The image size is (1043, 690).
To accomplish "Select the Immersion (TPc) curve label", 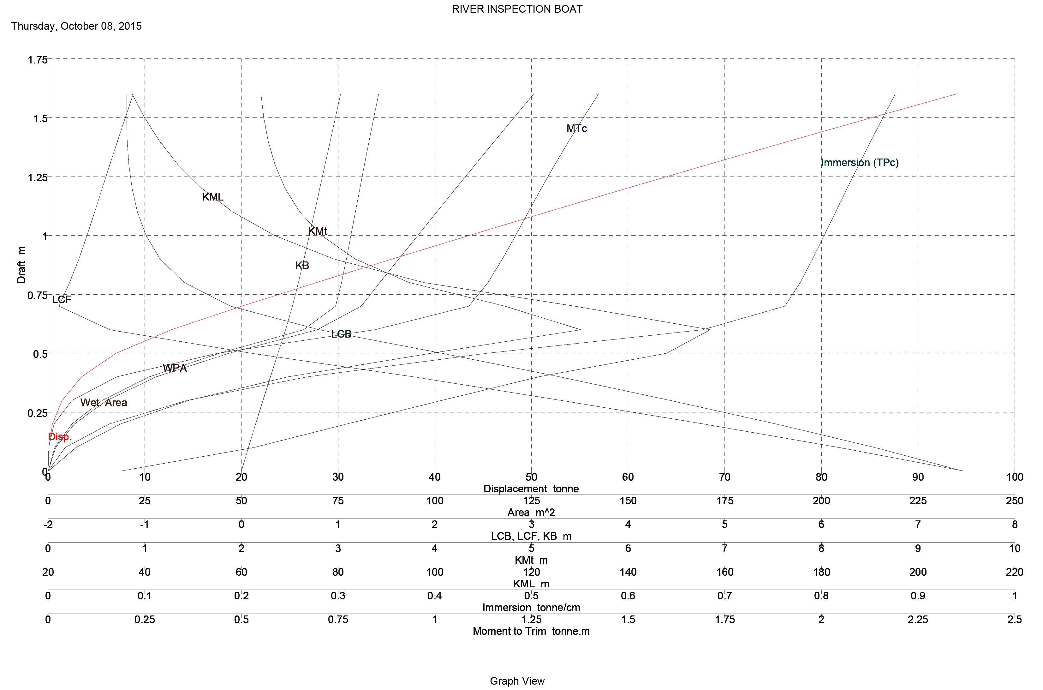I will pos(860,163).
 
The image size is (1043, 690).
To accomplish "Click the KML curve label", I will pos(212,197).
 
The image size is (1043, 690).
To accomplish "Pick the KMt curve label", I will pos(317,231).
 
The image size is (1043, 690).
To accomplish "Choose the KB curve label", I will pos(302,265).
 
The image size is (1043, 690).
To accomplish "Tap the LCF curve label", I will pos(61,300).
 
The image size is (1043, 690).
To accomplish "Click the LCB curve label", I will pos(341,334).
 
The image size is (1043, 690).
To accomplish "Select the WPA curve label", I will pos(175,368).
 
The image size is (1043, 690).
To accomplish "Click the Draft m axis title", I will pos(21,264).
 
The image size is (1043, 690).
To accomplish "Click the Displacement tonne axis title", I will pos(531,489).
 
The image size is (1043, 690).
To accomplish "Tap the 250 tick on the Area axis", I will pos(1014,501).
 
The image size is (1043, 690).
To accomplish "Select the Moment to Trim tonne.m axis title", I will pos(531,632).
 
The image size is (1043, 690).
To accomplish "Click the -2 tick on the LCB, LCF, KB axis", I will pos(48,525).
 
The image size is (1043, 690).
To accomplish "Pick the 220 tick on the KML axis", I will pos(1014,572).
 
